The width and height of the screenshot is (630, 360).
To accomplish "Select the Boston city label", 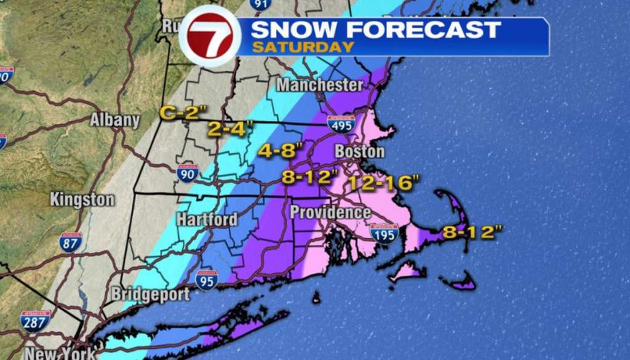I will tap(359, 151).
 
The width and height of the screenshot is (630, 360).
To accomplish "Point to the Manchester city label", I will tap(319, 84).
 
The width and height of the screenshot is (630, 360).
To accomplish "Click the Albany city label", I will tap(115, 119).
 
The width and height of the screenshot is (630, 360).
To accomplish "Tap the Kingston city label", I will tap(82, 199).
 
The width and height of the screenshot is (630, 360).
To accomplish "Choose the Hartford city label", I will tap(207, 219).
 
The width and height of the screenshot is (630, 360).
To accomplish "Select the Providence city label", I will tap(330, 212).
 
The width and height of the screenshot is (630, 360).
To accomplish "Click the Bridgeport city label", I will tap(150, 294).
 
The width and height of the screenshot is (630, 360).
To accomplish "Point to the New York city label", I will tap(60, 353).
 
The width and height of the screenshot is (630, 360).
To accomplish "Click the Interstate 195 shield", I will tap(384, 233).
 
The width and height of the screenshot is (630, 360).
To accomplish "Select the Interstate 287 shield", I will tap(35, 321).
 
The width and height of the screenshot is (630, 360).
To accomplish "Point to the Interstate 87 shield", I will tap(71, 242).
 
